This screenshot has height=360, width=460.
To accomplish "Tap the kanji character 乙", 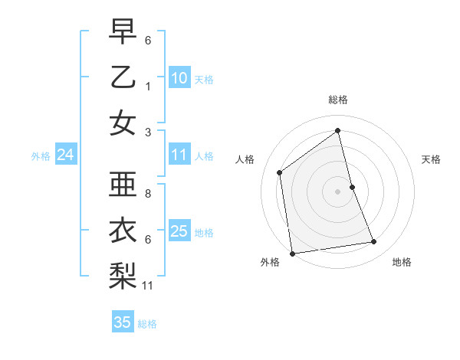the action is [123, 77].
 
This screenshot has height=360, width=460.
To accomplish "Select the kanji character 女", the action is [123, 123].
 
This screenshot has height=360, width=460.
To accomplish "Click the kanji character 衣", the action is [123, 231].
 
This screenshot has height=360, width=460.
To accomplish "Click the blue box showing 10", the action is [179, 78].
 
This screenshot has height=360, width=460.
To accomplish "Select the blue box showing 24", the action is [65, 155].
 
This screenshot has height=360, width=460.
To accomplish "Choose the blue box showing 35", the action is [123, 322].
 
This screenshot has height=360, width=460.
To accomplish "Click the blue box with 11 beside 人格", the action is [179, 155].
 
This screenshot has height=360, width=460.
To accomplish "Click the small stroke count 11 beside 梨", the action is [149, 286].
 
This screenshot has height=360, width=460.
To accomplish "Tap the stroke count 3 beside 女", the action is [147, 132].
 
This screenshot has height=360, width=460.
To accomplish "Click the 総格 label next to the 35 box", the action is [147, 324].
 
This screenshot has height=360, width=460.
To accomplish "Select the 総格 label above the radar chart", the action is [338, 100].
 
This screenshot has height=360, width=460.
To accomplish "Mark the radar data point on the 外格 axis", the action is [292, 254].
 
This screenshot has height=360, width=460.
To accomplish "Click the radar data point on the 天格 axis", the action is [352, 187].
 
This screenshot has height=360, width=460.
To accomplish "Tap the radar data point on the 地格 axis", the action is [374, 242].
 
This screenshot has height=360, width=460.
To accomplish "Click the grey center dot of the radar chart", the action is [338, 191].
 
